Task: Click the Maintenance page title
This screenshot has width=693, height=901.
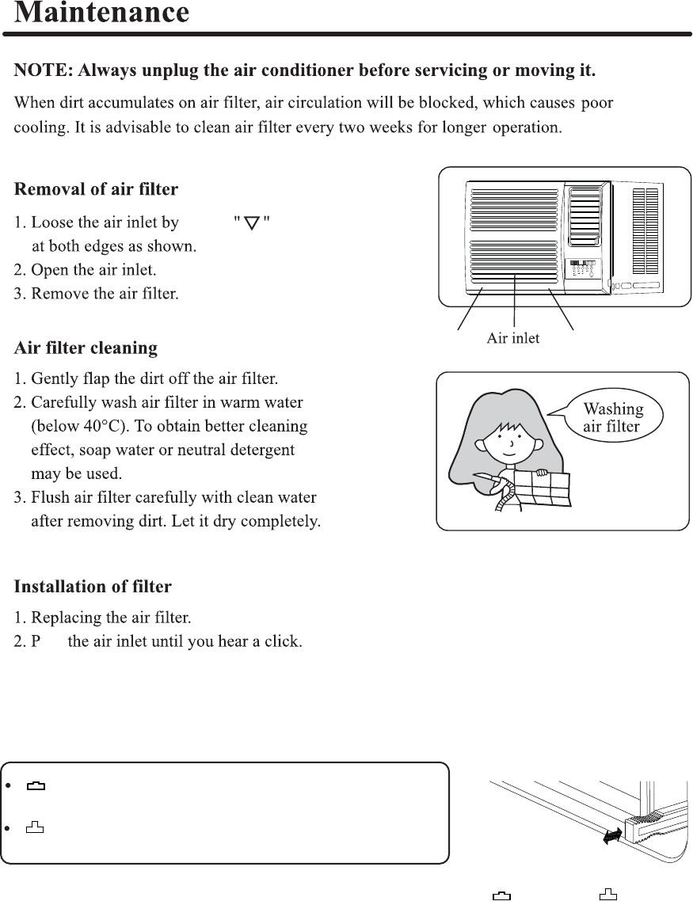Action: point(102,13)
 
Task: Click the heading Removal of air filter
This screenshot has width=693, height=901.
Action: point(96,190)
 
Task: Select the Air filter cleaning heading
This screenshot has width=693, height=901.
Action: point(86,348)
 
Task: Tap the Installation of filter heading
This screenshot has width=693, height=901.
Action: point(93,587)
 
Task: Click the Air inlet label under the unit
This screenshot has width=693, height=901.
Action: point(513,339)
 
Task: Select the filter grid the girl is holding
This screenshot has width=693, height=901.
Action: point(543,487)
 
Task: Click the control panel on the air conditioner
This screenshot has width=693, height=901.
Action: point(583,270)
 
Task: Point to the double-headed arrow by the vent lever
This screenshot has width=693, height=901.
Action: point(610,837)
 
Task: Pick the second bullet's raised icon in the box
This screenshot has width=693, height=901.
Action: point(36,829)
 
